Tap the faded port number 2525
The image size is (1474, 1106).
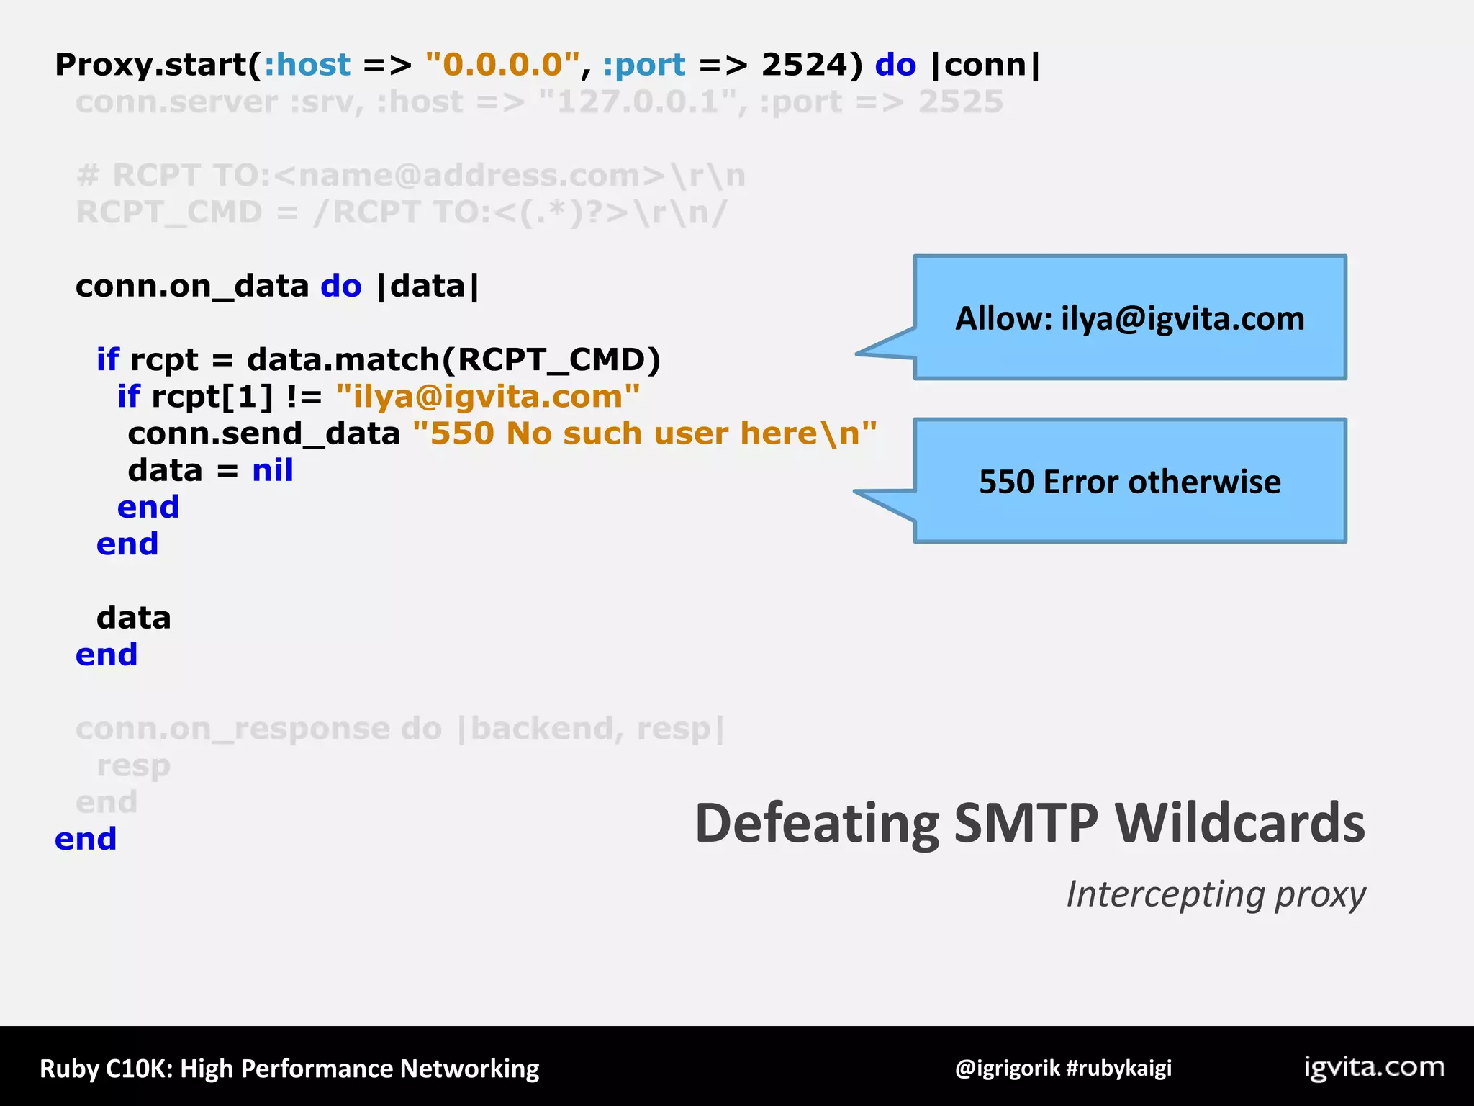click(960, 102)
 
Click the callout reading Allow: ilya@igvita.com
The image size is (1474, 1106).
click(1129, 318)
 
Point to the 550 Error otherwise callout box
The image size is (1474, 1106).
click(1129, 481)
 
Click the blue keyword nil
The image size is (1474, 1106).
click(272, 470)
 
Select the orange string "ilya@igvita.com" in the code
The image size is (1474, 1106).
click(487, 397)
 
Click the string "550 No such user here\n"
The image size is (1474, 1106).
click(644, 433)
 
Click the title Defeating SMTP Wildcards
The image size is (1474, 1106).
click(1029, 823)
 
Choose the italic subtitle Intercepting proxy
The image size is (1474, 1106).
click(1215, 894)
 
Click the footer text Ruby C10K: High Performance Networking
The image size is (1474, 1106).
click(289, 1069)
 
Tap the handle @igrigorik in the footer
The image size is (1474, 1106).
click(1007, 1068)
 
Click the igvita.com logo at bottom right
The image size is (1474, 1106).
click(1374, 1066)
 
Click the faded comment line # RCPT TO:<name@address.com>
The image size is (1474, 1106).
click(410, 176)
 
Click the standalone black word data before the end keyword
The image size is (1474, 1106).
click(133, 618)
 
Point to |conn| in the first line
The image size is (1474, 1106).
click(985, 65)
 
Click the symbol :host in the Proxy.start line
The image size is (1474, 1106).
click(307, 65)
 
